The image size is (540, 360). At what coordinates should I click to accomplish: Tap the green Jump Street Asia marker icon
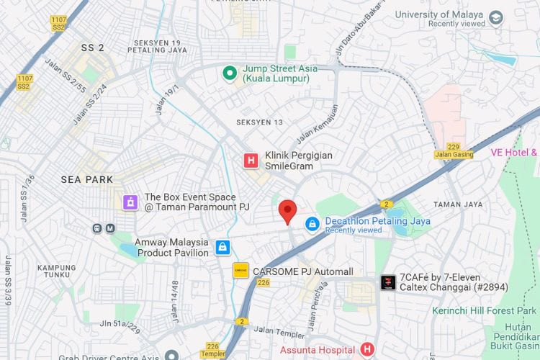tap(230, 73)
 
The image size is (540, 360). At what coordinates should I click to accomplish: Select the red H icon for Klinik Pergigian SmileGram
tap(251, 160)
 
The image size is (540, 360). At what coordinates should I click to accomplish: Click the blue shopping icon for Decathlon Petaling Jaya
tap(312, 225)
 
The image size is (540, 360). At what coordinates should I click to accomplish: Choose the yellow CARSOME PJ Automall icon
tap(240, 271)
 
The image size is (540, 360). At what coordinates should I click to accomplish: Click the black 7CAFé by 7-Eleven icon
tap(388, 282)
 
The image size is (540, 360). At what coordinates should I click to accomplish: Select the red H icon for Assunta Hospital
tap(367, 349)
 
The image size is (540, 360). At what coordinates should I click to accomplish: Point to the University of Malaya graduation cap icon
tap(496, 18)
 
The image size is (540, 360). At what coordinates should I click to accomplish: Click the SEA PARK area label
tap(87, 179)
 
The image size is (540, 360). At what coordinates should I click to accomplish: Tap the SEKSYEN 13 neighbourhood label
tap(260, 122)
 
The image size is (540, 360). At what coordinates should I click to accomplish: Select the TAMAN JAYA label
tap(458, 204)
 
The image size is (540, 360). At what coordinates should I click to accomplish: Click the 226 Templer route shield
tap(212, 350)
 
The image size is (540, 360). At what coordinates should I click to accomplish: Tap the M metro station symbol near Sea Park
tap(110, 228)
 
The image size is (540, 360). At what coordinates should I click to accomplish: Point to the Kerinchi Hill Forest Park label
tap(484, 310)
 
